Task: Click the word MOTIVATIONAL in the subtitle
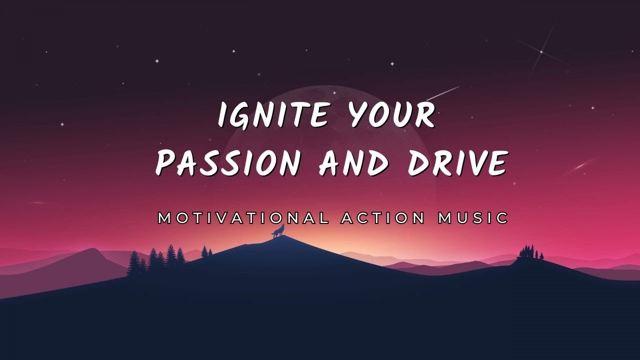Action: pyautogui.click(x=243, y=218)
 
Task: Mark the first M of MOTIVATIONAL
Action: pyautogui.click(x=164, y=218)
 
